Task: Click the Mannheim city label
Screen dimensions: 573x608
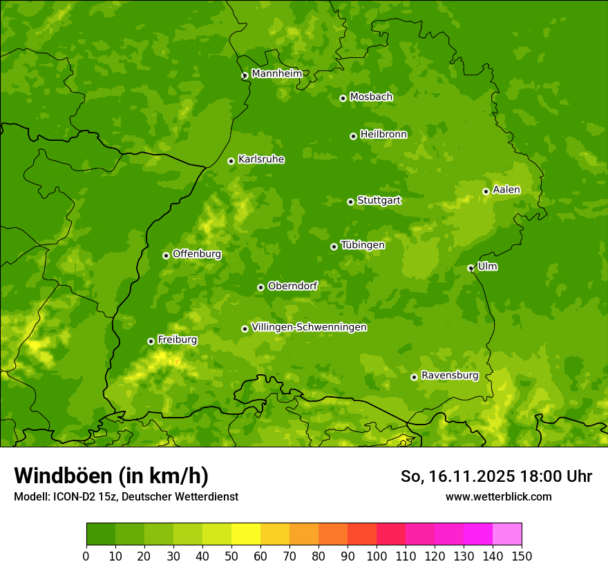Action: [x=276, y=74]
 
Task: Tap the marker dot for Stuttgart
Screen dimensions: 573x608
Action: [x=350, y=202]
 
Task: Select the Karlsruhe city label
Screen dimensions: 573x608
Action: [x=261, y=159]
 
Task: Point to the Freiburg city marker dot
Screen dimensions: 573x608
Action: [x=151, y=341]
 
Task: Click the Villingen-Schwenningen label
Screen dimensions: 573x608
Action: [x=309, y=327]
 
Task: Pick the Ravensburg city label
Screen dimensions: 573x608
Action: [x=450, y=376]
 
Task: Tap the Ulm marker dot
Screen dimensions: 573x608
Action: [x=471, y=268]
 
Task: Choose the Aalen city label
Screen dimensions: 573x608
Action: [x=506, y=190]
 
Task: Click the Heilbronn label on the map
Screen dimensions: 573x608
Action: [x=383, y=135]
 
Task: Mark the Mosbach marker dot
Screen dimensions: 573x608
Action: [x=343, y=98]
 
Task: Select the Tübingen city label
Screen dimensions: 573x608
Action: [x=363, y=245]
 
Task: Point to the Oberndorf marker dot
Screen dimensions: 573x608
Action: [x=260, y=287]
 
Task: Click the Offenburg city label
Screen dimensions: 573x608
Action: [x=197, y=254]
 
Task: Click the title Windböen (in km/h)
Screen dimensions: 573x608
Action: [x=111, y=476]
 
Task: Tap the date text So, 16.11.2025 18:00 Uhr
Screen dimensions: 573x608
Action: [x=496, y=476]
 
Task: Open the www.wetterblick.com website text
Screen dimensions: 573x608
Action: [x=498, y=496]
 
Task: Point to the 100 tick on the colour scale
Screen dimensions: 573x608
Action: [x=377, y=556]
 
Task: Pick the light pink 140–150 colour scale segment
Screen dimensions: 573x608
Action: [x=507, y=534]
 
